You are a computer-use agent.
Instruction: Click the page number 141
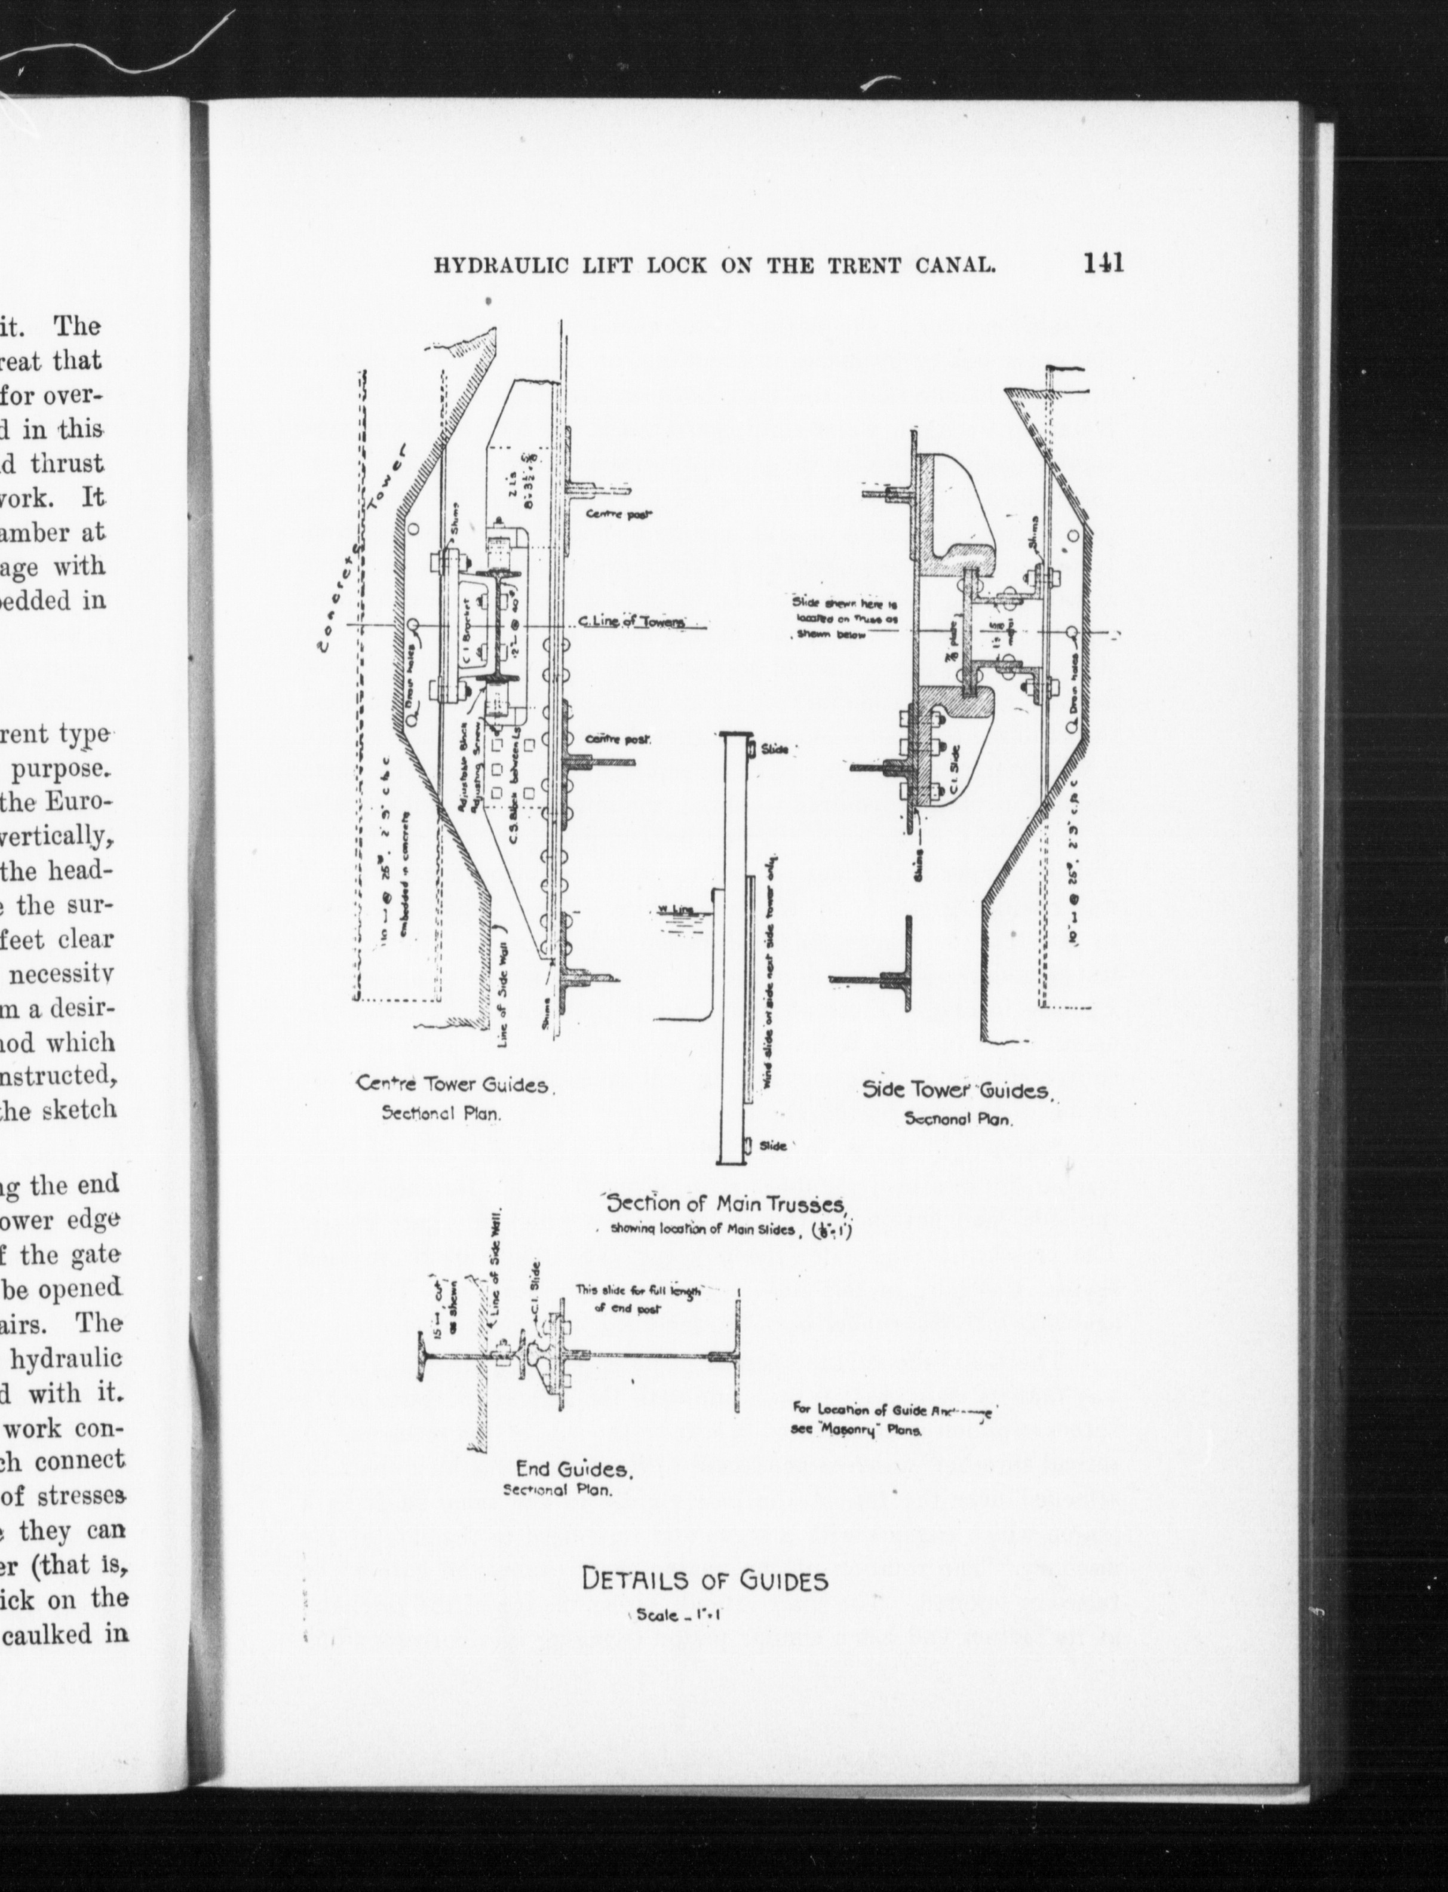(x=1104, y=262)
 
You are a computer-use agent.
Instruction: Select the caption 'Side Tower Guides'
(x=956, y=1090)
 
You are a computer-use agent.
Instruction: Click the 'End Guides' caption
(x=575, y=1467)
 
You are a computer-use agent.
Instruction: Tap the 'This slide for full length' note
(x=638, y=1291)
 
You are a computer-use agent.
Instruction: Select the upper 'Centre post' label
(x=618, y=515)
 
